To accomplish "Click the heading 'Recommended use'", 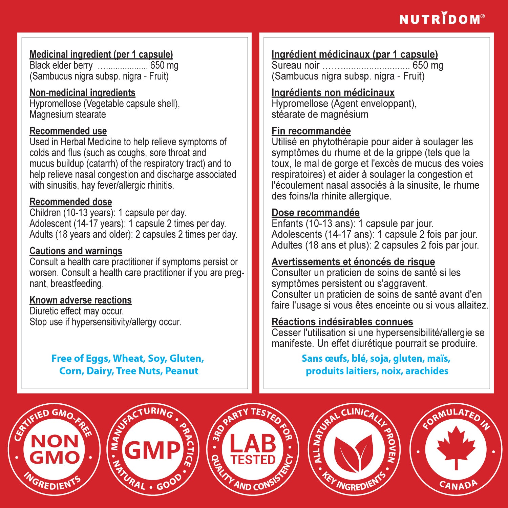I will pyautogui.click(x=68, y=131).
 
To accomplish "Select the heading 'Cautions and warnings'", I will pyautogui.click(x=76, y=251).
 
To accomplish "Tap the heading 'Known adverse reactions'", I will pyautogui.click(x=81, y=300).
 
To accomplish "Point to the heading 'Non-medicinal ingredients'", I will pyautogui.click(x=82, y=93).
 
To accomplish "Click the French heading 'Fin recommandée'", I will pyautogui.click(x=311, y=131).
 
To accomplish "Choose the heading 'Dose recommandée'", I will pyautogui.click(x=315, y=213).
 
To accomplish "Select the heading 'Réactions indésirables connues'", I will pyautogui.click(x=342, y=322).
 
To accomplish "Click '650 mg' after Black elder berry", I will pyautogui.click(x=164, y=65).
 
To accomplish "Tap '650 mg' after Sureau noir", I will pyautogui.click(x=428, y=65).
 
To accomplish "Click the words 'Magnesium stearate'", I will pyautogui.click(x=68, y=114).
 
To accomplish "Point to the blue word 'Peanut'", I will pyautogui.click(x=182, y=371).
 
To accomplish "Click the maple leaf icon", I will pyautogui.click(x=456, y=446).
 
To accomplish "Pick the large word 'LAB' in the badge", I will pyautogui.click(x=253, y=444).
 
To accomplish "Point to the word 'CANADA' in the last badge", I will pyautogui.click(x=458, y=485).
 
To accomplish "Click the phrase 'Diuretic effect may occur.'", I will pyautogui.click(x=77, y=311).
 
